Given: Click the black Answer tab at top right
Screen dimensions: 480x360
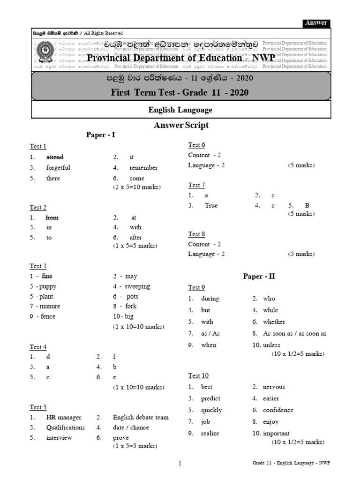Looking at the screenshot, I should tap(316, 23).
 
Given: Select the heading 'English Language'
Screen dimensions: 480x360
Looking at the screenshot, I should tap(180, 110).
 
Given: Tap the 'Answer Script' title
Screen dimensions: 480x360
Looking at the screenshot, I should tap(181, 125).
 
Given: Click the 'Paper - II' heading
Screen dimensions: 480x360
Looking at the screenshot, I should tap(259, 276).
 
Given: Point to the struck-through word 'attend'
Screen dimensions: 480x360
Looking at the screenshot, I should tap(55, 157).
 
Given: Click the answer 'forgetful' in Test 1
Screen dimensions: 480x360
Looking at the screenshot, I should tap(58, 167).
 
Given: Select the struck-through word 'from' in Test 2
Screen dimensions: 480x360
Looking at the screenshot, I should tap(52, 217).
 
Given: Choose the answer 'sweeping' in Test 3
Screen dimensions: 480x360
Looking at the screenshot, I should tap(137, 286).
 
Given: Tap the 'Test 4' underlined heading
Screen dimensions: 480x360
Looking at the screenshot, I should tap(38, 347).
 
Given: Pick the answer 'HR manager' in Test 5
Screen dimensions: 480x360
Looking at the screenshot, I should tap(64, 417).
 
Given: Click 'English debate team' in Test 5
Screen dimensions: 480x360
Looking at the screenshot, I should tap(141, 417).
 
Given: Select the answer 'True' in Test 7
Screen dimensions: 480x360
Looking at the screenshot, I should tap(211, 205).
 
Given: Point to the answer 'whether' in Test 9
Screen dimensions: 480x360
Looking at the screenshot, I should tap(274, 322).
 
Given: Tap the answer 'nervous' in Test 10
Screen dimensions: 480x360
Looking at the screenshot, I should tap(274, 387).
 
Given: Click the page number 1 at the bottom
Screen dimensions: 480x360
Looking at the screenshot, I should tap(180, 464).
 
